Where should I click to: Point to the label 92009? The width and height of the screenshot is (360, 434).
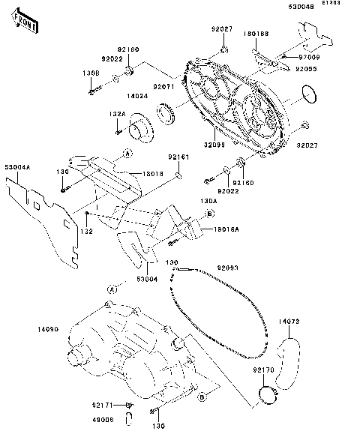309,57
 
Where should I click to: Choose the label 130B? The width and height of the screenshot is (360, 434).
91,73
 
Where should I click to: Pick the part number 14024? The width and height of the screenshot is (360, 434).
136,96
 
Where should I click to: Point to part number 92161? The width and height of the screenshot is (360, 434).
178,157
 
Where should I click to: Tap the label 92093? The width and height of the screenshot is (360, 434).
228,267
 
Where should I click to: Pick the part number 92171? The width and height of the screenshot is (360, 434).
103,404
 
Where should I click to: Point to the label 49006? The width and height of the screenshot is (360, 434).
103,420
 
